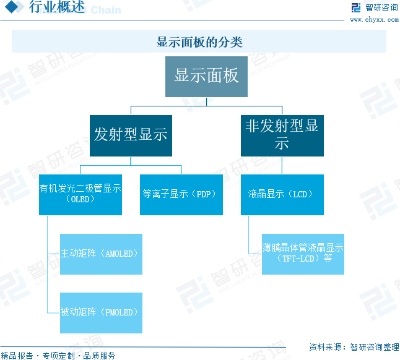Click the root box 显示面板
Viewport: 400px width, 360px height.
206,76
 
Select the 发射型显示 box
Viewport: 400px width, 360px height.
131,135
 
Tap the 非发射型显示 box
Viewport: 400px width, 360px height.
282,135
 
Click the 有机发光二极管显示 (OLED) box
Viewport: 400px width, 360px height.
80,194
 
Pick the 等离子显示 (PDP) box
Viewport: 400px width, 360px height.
181,194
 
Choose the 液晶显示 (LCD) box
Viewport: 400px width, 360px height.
282,194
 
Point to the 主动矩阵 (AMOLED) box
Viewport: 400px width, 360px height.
101,254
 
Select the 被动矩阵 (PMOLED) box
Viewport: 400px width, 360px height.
101,312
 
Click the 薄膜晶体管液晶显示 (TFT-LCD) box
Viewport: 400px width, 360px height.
303,254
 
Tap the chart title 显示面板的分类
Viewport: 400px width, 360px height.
199,42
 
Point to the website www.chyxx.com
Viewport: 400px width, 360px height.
374,20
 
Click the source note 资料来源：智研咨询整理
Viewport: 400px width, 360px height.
354,346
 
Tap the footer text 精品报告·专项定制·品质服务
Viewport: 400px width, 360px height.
58,355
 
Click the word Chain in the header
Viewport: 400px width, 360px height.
106,11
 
